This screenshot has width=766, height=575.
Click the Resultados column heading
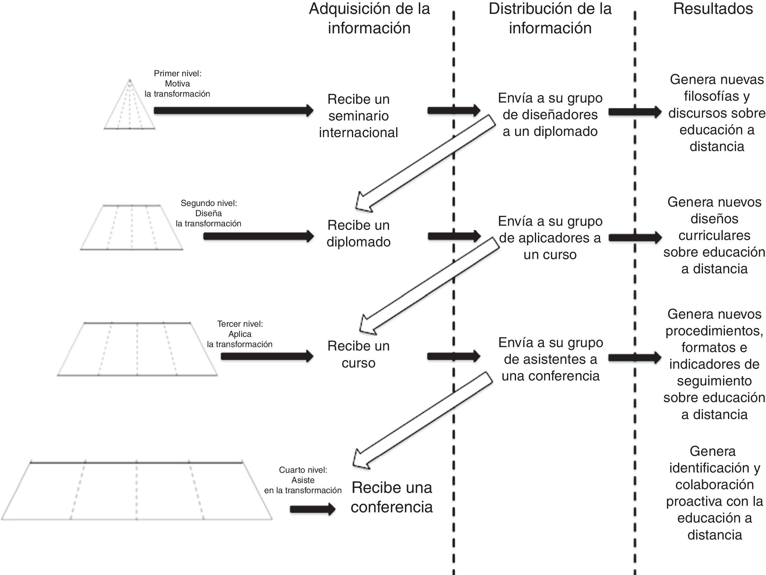[713, 9]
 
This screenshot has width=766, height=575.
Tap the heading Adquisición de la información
[369, 18]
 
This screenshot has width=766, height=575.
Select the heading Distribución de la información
[550, 18]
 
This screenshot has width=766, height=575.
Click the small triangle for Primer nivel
[129, 107]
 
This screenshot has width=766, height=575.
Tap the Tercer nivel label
[240, 334]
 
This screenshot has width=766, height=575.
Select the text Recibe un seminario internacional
[358, 115]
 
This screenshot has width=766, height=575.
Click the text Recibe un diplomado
[358, 233]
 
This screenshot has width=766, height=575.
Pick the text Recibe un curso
[358, 354]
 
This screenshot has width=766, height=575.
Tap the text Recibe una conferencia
[392, 497]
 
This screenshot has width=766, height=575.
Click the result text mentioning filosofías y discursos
[717, 113]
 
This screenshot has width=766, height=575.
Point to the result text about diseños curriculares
[714, 235]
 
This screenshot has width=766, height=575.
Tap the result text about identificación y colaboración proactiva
[714, 493]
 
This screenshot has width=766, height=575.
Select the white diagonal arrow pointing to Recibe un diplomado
[426, 163]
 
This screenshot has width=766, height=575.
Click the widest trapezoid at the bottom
[137, 491]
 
